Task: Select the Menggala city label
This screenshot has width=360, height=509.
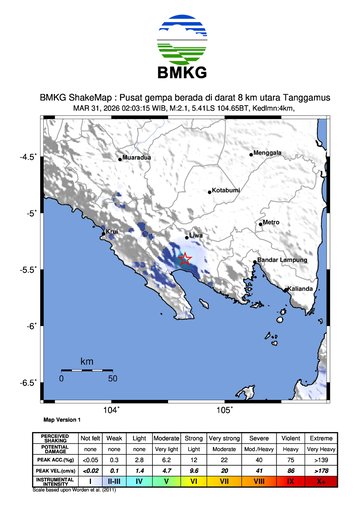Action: (267, 153)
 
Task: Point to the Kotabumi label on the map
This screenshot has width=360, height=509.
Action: (226, 189)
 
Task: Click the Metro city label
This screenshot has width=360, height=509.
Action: (271, 222)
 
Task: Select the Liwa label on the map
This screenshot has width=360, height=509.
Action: (196, 236)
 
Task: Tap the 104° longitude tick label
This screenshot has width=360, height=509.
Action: (112, 409)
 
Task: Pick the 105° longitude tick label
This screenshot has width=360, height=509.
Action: (225, 409)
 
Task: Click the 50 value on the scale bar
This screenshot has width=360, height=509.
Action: (113, 379)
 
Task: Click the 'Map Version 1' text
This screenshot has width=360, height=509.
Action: (61, 421)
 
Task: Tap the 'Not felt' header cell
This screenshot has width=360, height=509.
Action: (91, 438)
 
